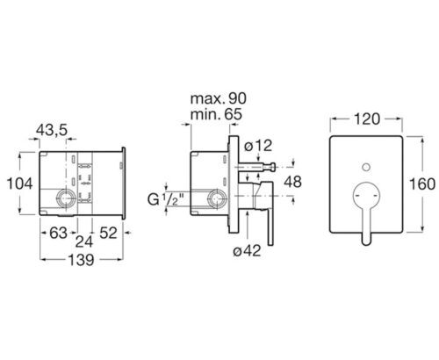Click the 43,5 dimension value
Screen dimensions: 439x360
click(x=52, y=130)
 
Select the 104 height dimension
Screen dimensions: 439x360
click(x=19, y=184)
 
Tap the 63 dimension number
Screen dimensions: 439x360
click(x=58, y=233)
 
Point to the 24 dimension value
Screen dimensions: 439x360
click(x=84, y=241)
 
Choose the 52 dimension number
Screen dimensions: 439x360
click(x=108, y=233)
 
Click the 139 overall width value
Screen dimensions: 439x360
click(x=81, y=260)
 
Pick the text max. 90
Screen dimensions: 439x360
click(x=219, y=98)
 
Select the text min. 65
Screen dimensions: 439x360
click(x=216, y=114)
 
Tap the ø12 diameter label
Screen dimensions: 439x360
click(x=258, y=146)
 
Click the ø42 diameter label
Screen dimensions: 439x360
click(x=247, y=251)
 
